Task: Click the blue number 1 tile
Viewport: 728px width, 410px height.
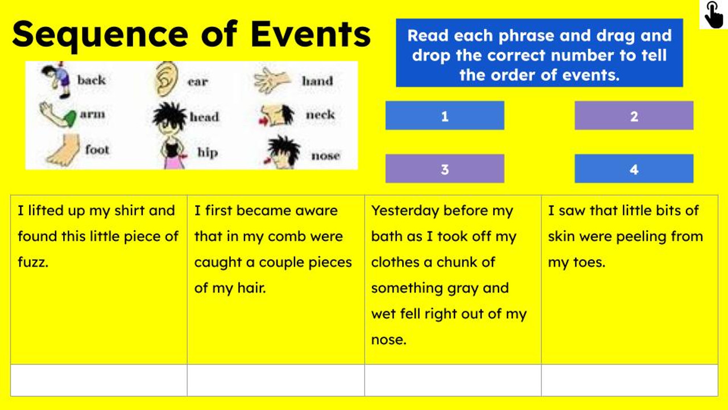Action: click(444, 116)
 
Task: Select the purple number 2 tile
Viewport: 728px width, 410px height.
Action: click(634, 116)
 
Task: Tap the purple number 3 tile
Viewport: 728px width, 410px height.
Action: click(444, 169)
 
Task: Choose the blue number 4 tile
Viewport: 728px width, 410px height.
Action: click(634, 169)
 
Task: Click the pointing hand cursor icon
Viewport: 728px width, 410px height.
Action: click(713, 14)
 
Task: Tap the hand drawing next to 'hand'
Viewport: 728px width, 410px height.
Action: click(272, 80)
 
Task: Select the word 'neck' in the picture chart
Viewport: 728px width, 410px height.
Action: click(320, 114)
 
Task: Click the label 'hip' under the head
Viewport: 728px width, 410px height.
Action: click(207, 152)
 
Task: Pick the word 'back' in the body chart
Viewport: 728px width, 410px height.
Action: click(92, 80)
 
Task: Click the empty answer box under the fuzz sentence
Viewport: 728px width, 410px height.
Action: click(98, 380)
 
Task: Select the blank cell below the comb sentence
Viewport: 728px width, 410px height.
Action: click(276, 380)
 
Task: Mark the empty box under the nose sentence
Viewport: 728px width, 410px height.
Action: click(453, 380)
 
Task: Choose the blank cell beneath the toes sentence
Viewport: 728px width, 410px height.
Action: click(630, 380)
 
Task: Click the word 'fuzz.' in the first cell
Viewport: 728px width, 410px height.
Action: click(33, 263)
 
